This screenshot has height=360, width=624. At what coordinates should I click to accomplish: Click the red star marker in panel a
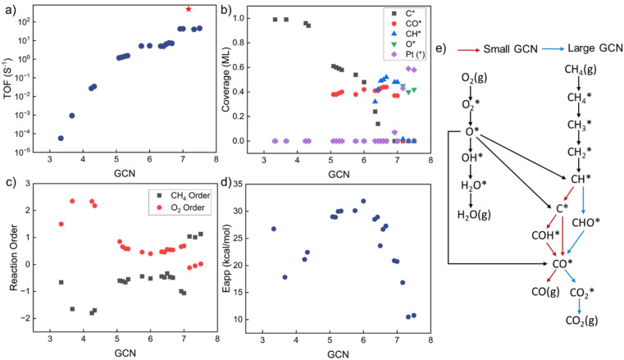pos(189,9)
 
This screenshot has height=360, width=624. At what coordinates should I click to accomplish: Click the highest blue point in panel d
pos(363,201)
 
